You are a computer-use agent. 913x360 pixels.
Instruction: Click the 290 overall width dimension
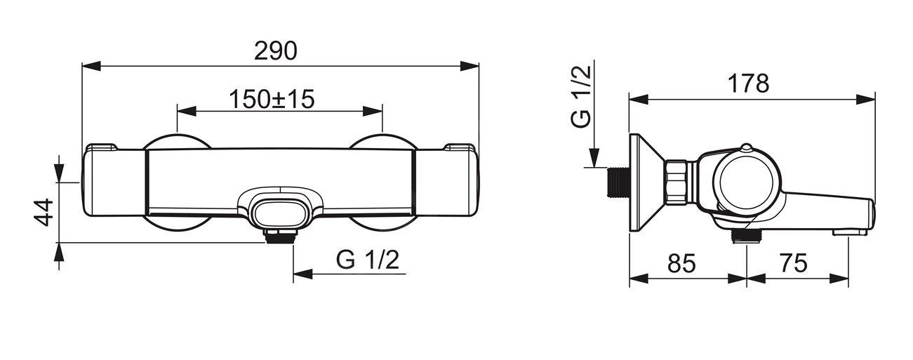point(280,51)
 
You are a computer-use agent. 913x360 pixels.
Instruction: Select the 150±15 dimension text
point(271,99)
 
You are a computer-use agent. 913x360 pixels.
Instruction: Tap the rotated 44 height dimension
point(44,212)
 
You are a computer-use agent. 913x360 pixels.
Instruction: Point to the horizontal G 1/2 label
point(367,260)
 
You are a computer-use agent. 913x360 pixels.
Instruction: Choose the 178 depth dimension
point(749,84)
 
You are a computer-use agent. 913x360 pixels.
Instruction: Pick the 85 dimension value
point(680,263)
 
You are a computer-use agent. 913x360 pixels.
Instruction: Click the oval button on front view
point(279,210)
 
